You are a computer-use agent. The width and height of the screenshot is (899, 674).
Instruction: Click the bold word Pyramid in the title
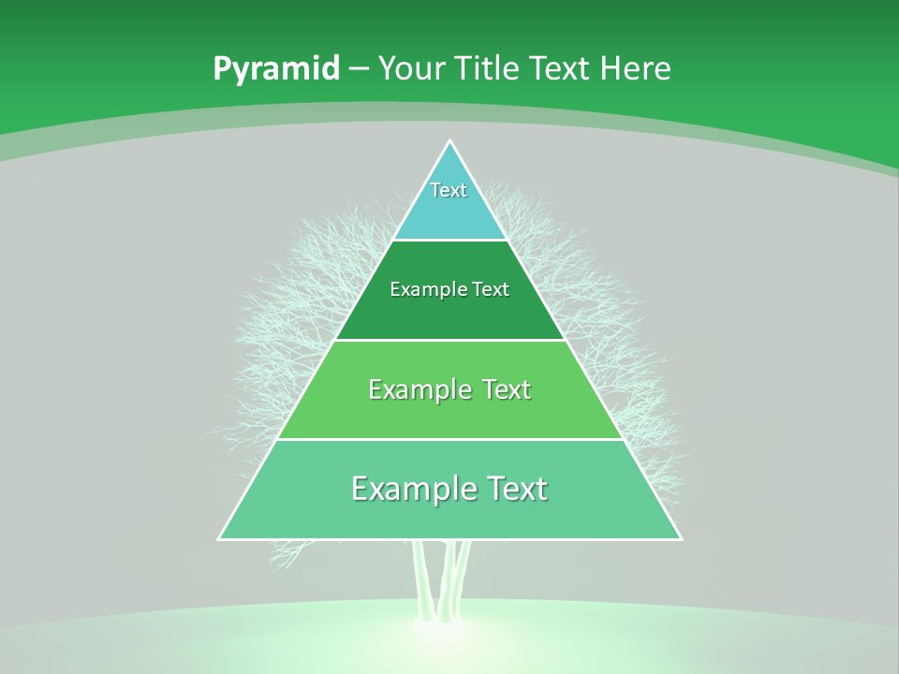click(275, 69)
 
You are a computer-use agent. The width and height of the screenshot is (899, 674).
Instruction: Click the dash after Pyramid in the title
click(358, 69)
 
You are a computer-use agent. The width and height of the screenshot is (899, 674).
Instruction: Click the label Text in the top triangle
click(449, 190)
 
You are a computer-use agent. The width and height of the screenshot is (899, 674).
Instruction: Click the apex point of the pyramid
click(450, 141)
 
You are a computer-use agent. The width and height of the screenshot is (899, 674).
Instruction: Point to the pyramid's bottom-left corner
click(219, 539)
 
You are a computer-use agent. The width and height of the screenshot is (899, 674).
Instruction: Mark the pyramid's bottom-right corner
click(681, 539)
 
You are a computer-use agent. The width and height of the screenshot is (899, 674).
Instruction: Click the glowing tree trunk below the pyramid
click(445, 580)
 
